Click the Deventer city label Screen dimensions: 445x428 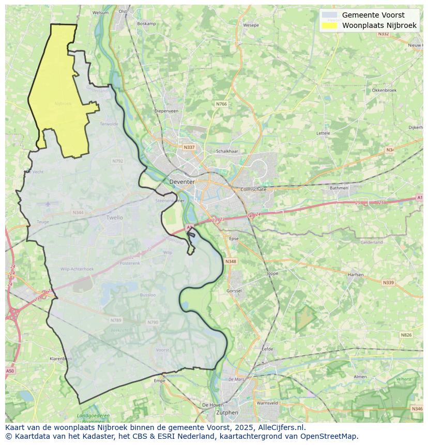point(182,182)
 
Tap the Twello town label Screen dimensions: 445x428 point(115,218)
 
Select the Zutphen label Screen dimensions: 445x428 point(227,412)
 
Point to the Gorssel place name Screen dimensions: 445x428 point(234,291)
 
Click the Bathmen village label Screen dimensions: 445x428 point(339,188)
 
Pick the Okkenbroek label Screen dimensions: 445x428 point(384,90)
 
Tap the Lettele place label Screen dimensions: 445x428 point(323,133)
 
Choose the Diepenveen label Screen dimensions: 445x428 point(166,111)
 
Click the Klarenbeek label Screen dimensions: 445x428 point(60,358)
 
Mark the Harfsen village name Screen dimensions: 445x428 point(356,275)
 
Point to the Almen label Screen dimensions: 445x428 point(360,377)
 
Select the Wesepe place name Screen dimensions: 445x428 point(251,25)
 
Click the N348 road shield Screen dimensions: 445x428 point(231,262)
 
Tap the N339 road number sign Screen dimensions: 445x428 point(388,283)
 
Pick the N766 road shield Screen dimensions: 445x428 point(221,104)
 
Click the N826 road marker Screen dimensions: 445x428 point(406,335)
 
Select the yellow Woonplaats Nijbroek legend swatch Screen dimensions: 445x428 point(329,25)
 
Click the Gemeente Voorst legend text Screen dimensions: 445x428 point(373,15)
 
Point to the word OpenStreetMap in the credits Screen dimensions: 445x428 point(329,436)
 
